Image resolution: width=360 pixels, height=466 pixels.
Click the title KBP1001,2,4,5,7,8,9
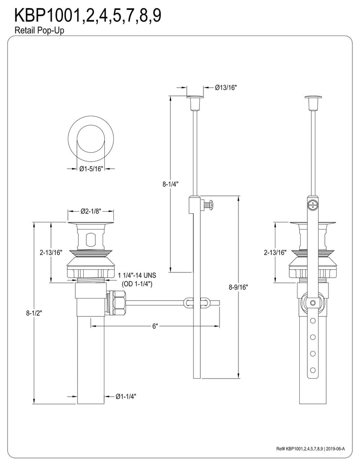88,16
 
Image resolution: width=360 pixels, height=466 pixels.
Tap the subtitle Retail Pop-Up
39,30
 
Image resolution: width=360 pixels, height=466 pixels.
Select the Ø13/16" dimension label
226,87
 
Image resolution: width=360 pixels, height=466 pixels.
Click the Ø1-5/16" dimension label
91,169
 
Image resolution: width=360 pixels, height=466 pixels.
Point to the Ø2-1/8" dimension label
91,211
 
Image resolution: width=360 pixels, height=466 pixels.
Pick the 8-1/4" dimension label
170,184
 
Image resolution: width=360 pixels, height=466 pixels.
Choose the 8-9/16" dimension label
238,287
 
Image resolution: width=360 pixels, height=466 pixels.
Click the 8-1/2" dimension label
34,313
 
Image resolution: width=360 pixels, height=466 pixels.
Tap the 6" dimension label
154,326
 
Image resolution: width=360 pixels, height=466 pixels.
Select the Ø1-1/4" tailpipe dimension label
126,397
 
